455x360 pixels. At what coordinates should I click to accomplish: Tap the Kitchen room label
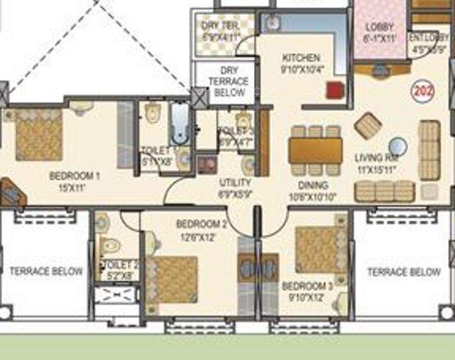tap(301, 58)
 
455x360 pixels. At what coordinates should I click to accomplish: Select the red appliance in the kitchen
tap(334, 91)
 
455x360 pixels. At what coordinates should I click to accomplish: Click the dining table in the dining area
tap(315, 151)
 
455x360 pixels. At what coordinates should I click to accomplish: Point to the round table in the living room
tap(398, 146)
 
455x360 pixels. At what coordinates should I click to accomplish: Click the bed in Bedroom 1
tap(38, 134)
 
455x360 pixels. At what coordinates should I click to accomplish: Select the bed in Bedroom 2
tap(172, 279)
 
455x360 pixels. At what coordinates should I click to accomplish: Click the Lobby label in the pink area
tap(379, 27)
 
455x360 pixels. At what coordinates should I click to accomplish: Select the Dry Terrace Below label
tap(228, 82)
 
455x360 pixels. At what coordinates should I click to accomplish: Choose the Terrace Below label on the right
tap(403, 271)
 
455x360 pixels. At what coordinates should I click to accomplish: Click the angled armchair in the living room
tap(368, 126)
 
